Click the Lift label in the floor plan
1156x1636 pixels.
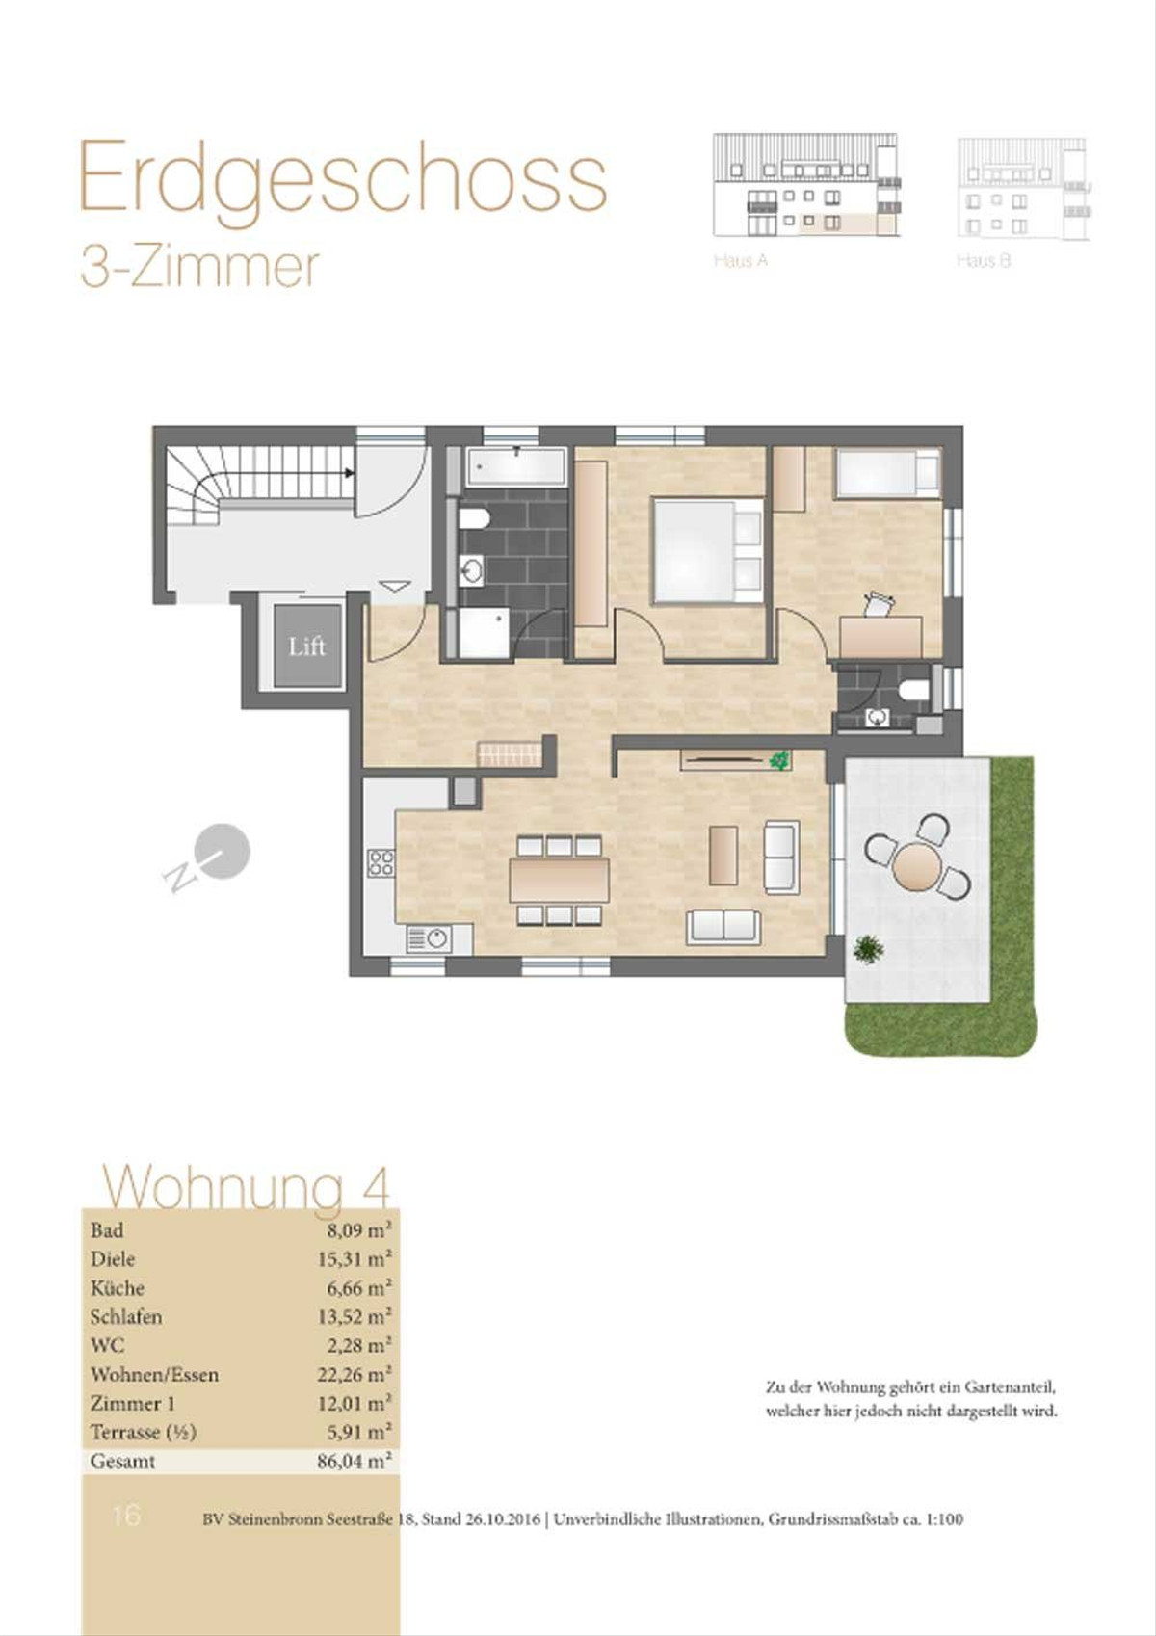[x=306, y=646]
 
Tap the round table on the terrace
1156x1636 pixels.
[x=917, y=866]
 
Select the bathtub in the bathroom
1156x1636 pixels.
[x=517, y=466]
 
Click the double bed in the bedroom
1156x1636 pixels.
[x=709, y=551]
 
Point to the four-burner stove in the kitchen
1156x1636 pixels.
[x=381, y=862]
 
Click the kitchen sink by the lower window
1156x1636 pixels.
[x=429, y=938]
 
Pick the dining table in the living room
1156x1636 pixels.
[x=560, y=880]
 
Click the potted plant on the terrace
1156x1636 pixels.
[x=868, y=949]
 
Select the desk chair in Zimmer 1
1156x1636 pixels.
[x=879, y=604]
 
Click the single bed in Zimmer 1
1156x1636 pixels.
[x=887, y=473]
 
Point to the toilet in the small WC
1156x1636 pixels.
[x=913, y=690]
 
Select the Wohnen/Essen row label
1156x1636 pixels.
[x=154, y=1374]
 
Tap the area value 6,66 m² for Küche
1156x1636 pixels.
[x=358, y=1287]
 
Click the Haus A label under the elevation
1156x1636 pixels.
[x=741, y=260]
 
